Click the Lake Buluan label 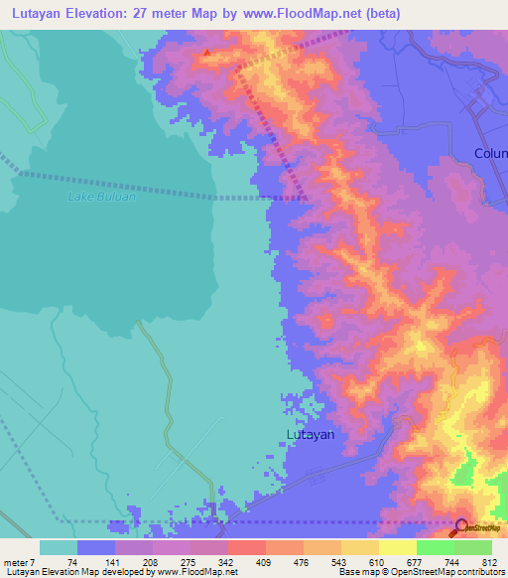click(101, 197)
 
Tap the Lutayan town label click(311, 434)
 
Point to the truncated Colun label click(490, 153)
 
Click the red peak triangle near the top click(206, 53)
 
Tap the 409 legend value click(265, 561)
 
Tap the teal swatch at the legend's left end click(58, 547)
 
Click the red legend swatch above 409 click(246, 547)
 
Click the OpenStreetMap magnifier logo click(462, 526)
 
